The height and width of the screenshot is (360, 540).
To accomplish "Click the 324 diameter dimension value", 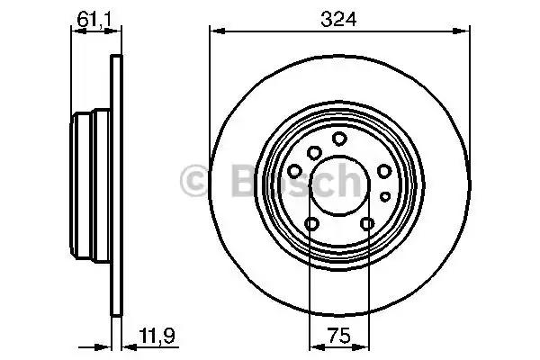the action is tap(338, 19).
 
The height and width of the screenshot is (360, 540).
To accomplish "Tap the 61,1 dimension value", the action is tap(94, 19).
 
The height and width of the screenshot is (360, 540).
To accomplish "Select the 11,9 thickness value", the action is tap(157, 336).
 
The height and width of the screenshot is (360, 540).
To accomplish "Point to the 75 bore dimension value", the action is tap(339, 336).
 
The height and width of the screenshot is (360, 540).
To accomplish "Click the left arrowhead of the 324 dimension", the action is tap(217, 31).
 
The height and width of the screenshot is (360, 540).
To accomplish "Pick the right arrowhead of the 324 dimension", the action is tap(462, 31).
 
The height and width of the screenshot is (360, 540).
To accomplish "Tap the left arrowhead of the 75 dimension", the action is tap(317, 347).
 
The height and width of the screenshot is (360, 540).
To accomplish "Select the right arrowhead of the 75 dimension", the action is tap(361, 347).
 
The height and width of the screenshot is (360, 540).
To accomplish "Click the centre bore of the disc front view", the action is tap(339, 185).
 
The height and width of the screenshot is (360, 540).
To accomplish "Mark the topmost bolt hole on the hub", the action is tap(339, 139).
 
